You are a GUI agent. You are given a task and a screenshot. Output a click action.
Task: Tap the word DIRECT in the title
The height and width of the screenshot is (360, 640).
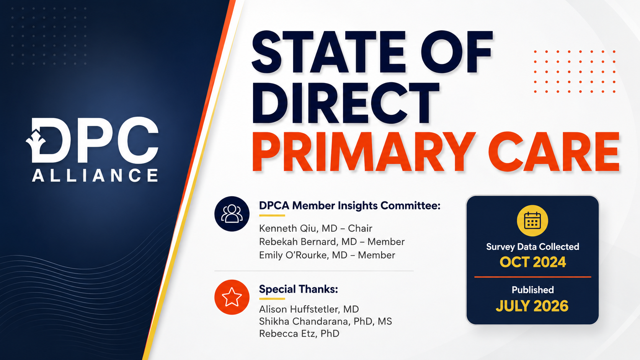(345, 103)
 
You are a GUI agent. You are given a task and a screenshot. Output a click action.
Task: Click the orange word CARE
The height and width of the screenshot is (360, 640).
(554, 151)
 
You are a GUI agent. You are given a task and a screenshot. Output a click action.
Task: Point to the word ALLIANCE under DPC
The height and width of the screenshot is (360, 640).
(95, 175)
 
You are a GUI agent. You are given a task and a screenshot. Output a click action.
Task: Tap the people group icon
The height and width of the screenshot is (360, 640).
(232, 213)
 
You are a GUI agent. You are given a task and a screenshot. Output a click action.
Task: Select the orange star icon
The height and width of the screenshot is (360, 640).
(232, 297)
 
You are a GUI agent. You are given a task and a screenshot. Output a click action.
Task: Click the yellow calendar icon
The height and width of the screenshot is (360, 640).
(532, 221)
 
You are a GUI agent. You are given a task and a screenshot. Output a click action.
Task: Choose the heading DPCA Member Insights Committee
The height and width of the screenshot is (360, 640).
(350, 205)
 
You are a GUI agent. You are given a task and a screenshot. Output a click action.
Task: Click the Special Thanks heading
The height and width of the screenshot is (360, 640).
(298, 289)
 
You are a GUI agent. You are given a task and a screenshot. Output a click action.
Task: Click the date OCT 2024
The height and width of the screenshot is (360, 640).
(532, 262)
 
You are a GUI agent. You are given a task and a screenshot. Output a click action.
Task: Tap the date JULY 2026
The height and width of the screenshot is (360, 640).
(532, 306)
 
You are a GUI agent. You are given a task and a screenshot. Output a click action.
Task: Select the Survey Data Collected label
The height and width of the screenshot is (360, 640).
(532, 247)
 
